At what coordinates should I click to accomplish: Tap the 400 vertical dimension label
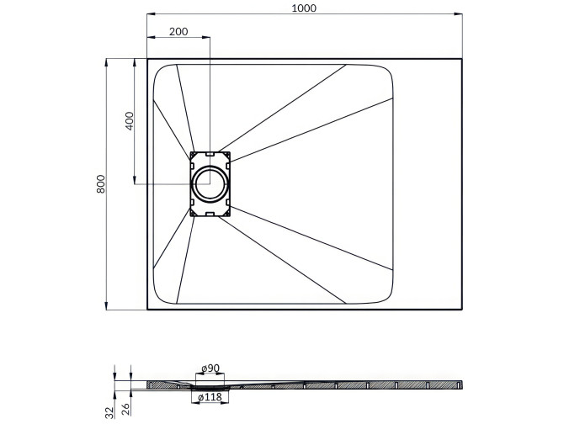click(x=129, y=120)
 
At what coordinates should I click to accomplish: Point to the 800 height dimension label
click(x=100, y=184)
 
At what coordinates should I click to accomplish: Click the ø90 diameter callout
click(x=210, y=369)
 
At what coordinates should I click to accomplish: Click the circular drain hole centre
click(x=210, y=183)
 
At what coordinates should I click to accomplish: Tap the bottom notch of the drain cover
click(x=210, y=214)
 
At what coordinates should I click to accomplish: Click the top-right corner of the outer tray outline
click(x=462, y=58)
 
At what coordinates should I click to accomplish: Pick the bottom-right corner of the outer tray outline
click(x=462, y=309)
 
